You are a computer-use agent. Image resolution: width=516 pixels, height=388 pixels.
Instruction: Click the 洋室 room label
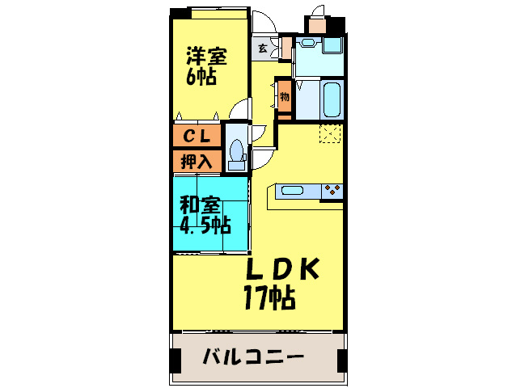pos(206,56)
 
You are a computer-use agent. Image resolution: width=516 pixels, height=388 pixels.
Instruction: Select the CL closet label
pos(196,136)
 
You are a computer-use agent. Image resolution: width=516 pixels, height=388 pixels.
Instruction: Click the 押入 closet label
pos(196,161)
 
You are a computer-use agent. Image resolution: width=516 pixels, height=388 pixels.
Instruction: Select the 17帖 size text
pos(269,298)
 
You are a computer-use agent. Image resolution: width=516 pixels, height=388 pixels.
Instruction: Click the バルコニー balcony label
pos(252,356)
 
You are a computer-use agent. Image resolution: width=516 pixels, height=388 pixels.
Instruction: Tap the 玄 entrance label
pos(263,48)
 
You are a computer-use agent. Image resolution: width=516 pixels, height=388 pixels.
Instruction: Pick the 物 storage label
pos(285,98)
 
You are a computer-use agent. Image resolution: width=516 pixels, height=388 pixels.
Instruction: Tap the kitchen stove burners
pos(332,191)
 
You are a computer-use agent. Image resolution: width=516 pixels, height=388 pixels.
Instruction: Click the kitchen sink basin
pos(292,192)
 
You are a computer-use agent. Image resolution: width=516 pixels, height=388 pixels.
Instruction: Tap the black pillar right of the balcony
pos(342,357)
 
